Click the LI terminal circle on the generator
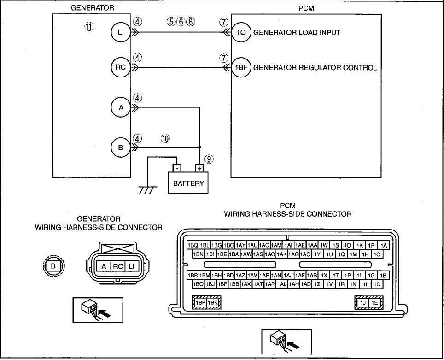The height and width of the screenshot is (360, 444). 121,32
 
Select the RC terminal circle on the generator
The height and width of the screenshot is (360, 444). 121,67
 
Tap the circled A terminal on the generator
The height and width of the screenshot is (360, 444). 121,108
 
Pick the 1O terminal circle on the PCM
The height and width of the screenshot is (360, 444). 241,32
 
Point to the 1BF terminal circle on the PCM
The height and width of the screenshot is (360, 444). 241,67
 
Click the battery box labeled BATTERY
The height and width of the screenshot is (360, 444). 188,183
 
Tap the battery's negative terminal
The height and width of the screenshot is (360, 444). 177,168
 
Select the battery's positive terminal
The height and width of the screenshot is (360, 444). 199,168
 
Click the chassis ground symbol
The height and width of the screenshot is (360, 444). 148,190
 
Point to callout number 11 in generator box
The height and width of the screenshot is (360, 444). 89,26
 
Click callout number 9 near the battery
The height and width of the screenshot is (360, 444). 209,159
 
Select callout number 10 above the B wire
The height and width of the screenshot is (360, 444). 165,139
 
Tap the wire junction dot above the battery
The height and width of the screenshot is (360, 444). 199,148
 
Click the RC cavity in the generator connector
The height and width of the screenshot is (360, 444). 118,266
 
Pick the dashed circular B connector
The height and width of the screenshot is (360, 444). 53,266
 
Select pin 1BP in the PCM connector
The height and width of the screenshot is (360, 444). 200,303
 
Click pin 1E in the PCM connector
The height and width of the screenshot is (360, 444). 374,303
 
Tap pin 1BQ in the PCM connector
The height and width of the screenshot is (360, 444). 193,245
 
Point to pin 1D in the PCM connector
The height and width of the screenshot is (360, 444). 377,284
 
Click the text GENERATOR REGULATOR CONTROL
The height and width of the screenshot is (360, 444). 315,68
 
